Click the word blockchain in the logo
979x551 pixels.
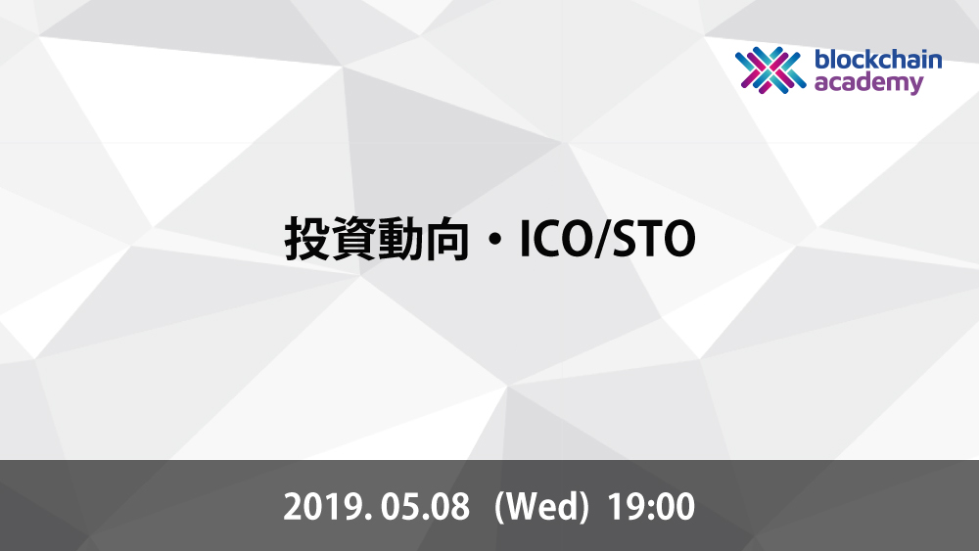878,60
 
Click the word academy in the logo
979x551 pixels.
868,83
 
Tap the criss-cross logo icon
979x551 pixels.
770,70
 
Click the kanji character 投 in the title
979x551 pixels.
307,239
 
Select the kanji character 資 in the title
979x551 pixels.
354,239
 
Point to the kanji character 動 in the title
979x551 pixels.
400,239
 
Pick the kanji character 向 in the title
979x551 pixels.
447,239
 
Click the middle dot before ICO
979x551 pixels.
494,240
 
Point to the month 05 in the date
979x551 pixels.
398,507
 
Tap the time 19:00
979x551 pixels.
651,507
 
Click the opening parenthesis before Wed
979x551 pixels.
499,507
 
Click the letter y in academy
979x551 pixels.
915,85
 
